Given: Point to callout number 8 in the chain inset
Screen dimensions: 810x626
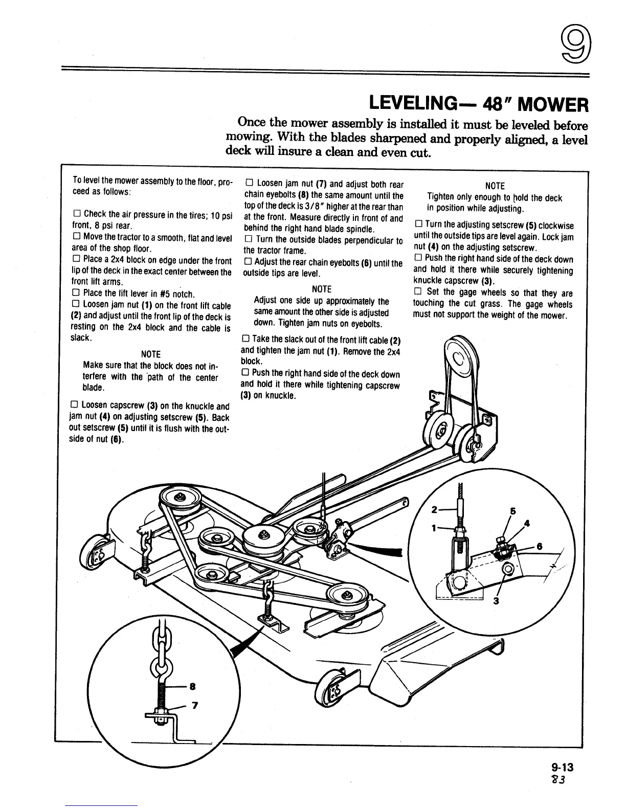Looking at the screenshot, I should tap(192, 687).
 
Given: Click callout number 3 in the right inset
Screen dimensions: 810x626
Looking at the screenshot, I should tap(495, 601).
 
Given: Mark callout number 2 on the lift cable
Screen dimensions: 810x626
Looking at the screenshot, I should tap(435, 509).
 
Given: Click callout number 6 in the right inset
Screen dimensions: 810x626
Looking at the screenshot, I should tap(539, 546).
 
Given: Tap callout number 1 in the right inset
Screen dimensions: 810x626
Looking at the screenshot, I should tap(435, 529).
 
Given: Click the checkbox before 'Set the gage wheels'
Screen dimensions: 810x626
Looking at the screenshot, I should tap(417, 292).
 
